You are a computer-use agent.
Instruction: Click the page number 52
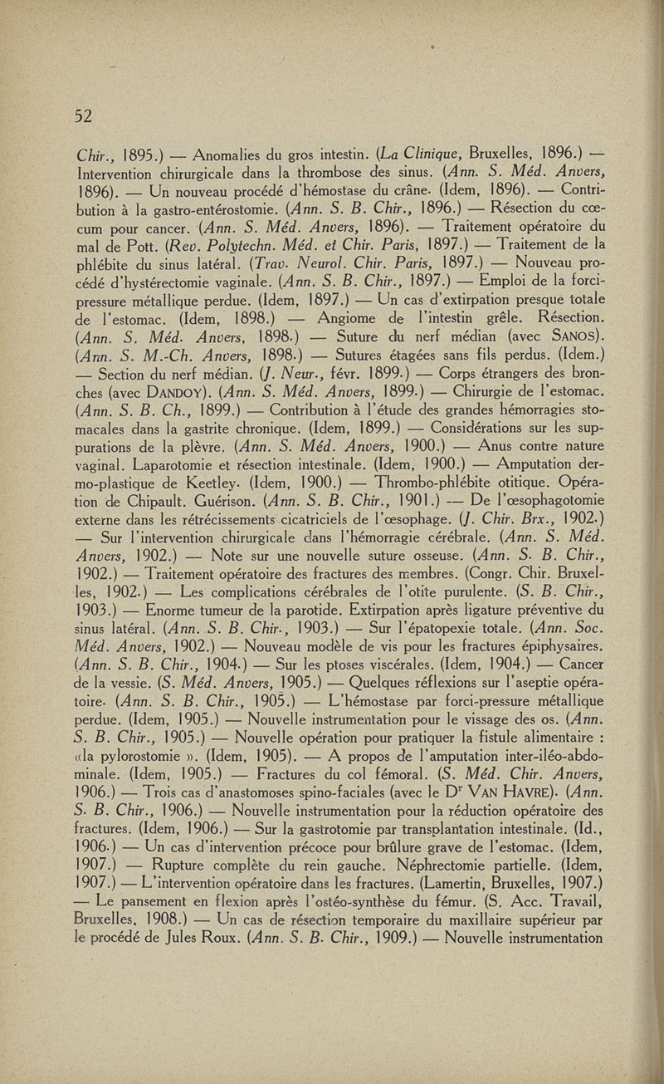81,115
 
